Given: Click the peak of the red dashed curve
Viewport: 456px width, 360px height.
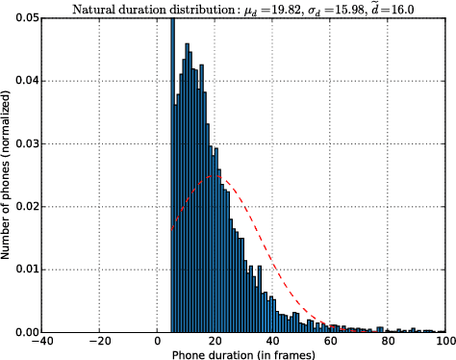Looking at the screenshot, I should pyautogui.click(x=215, y=176).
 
